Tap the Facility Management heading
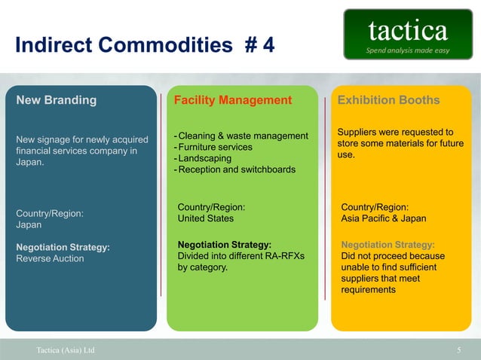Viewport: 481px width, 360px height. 233,100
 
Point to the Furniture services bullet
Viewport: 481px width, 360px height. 215,147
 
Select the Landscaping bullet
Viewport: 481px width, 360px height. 204,158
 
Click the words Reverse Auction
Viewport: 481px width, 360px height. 51,258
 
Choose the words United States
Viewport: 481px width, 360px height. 205,218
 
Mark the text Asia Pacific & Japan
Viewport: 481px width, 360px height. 384,218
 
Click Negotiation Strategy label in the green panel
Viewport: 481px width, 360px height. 224,244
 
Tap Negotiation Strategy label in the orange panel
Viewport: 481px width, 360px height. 388,245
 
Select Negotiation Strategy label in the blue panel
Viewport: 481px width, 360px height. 63,246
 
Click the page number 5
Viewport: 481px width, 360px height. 459,350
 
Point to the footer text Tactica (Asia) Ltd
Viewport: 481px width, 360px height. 66,350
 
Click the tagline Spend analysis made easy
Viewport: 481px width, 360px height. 408,50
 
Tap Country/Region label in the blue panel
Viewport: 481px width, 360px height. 50,213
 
